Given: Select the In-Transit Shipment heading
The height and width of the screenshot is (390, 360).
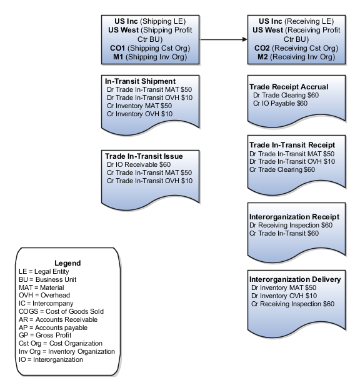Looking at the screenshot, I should click(x=140, y=81).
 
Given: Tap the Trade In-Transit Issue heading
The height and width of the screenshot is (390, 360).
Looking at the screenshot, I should click(x=143, y=156).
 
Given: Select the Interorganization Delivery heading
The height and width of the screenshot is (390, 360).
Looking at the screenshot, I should click(x=294, y=279).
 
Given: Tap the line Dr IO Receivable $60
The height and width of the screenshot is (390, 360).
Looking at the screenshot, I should click(x=139, y=164).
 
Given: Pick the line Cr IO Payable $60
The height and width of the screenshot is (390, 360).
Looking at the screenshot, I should click(x=281, y=103).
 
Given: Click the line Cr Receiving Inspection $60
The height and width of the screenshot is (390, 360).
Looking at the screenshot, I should click(x=292, y=304).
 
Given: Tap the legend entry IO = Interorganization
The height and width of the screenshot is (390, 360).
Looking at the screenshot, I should click(x=51, y=360).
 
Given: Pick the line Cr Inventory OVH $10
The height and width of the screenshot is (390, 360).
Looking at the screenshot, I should click(x=140, y=114).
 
